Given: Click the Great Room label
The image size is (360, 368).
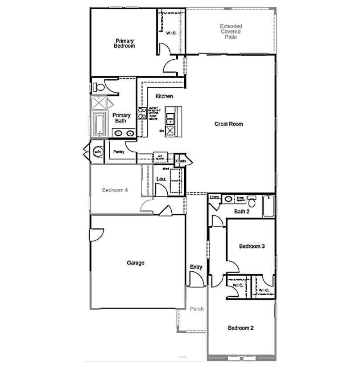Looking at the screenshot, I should pos(228,124).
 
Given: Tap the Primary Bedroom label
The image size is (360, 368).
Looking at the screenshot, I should pos(124,43).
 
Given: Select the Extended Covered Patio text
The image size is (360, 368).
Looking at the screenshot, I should pos(231,32).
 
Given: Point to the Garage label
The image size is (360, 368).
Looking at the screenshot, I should pos(135,263).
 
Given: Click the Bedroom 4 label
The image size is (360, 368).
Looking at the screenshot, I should pos(115,190).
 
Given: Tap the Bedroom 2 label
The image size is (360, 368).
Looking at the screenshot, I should pos(241,328).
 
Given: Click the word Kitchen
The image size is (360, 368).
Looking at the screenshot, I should pos(164,96).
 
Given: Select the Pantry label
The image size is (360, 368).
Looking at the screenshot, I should pos(119,152).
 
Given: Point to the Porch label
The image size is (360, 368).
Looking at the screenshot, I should pos(197,309).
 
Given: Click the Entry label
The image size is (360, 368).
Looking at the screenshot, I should pos(196,267).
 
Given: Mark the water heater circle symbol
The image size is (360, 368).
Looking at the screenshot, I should pos(98,152).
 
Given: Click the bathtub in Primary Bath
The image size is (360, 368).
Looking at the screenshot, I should pos(98,124).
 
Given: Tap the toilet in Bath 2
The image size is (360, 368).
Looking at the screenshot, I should pos(252,202).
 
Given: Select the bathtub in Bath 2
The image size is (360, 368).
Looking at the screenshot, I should pos(268,206).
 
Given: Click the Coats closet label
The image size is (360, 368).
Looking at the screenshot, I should pos(181,161).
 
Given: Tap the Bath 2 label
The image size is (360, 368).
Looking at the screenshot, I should pos(241,212).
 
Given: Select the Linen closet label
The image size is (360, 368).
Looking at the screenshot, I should pos(214,197).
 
